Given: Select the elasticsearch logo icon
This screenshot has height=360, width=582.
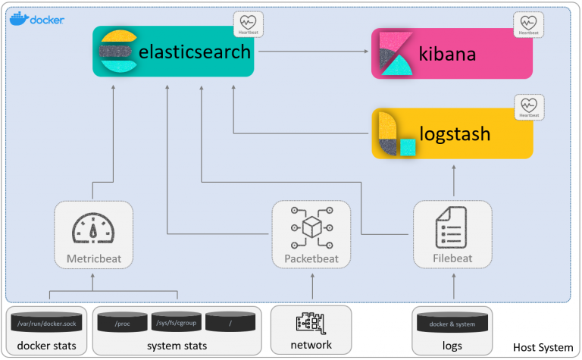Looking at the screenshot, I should (117, 51).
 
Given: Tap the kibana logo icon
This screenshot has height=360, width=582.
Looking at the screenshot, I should (394, 54).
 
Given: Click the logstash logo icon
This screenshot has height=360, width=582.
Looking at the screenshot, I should (396, 134).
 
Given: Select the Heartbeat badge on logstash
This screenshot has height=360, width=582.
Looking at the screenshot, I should (529, 108).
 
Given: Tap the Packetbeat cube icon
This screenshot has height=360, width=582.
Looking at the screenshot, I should (311, 227).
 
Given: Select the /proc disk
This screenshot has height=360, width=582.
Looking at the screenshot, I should (123, 324).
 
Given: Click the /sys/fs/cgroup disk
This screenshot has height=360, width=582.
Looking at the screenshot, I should (177, 324).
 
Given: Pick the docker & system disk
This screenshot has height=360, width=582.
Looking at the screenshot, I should (452, 324).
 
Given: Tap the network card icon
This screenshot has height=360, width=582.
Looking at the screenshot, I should (311, 323).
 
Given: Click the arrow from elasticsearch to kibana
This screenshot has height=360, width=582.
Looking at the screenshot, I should (311, 52).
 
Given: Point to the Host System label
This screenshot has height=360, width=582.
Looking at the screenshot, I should (543, 347).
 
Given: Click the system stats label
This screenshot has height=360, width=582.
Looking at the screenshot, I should (177, 345).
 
